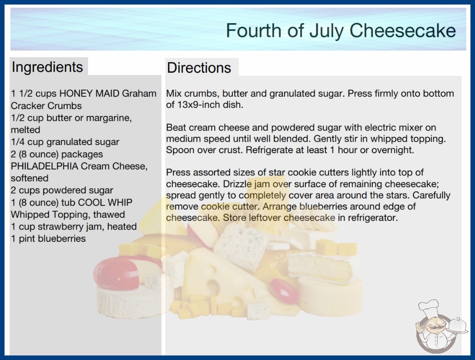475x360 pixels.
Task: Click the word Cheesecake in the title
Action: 402,30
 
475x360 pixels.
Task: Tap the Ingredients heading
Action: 47,67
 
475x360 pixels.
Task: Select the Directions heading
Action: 199,68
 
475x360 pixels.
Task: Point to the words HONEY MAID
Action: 89,94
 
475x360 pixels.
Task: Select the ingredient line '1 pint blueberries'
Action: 48,239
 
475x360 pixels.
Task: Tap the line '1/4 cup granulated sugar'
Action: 65,142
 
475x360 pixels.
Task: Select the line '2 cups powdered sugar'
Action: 62,190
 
